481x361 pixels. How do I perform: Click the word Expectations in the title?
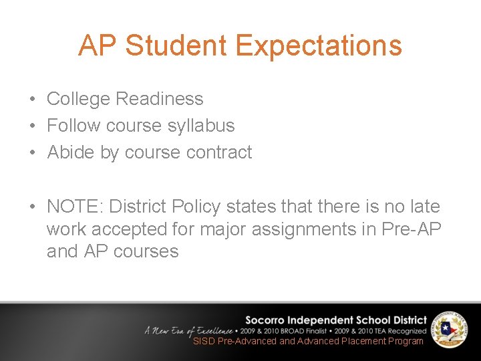pos(319,45)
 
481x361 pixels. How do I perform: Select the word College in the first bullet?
pos(77,99)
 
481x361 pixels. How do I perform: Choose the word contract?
pos(219,152)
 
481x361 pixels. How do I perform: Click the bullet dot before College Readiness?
pos(32,100)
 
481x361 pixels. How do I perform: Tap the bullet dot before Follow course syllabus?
pos(32,126)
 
